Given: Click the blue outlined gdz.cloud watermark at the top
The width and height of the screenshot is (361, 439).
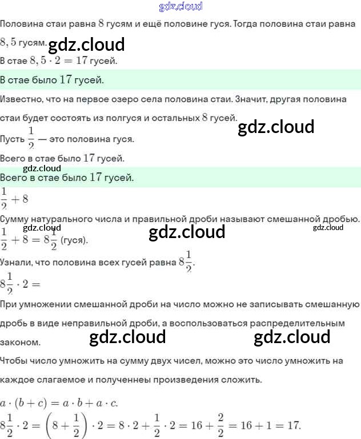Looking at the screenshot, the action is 180,7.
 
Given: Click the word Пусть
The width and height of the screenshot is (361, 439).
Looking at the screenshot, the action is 13,139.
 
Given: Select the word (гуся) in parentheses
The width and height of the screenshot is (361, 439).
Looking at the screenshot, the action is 74,240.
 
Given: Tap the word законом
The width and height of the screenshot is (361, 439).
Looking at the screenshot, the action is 21,343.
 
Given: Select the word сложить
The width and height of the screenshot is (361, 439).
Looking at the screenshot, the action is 243,380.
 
